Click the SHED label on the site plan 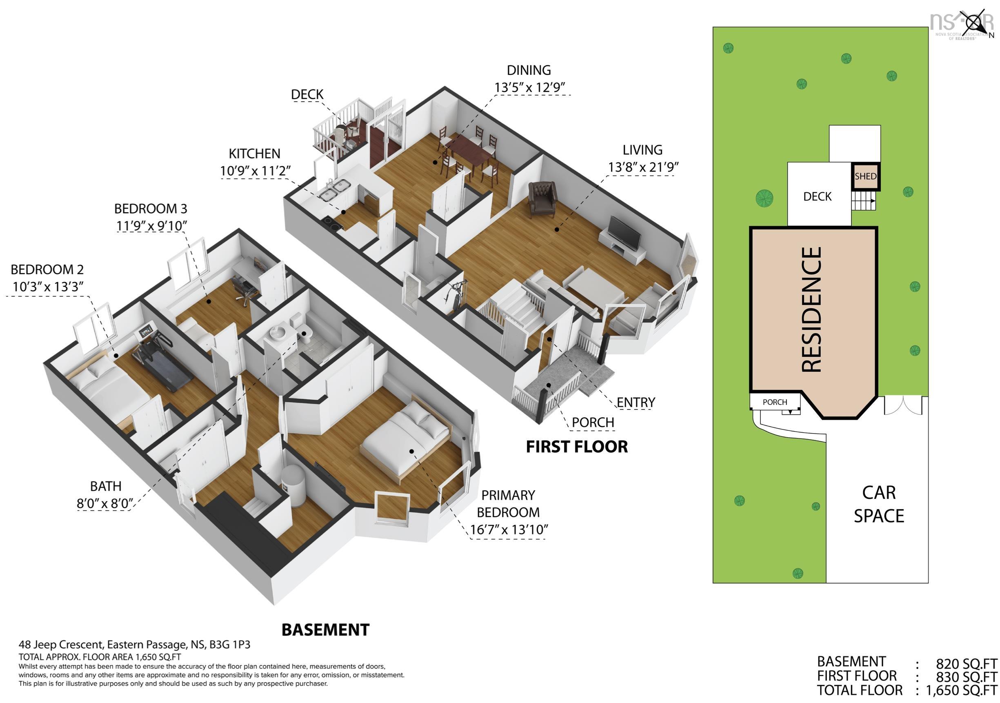point(865,176)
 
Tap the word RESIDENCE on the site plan point(812,310)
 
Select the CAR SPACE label point(879,504)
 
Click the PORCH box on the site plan point(775,402)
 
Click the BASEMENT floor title point(325,630)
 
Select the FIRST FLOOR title point(577,447)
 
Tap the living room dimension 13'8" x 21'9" point(643,167)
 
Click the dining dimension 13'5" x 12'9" point(529,87)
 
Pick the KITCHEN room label point(255,154)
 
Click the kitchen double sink point(335,190)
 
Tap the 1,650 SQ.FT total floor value point(961,690)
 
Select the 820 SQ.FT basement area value point(967,664)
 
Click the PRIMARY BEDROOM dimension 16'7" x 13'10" point(509,529)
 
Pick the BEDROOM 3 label point(151,209)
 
